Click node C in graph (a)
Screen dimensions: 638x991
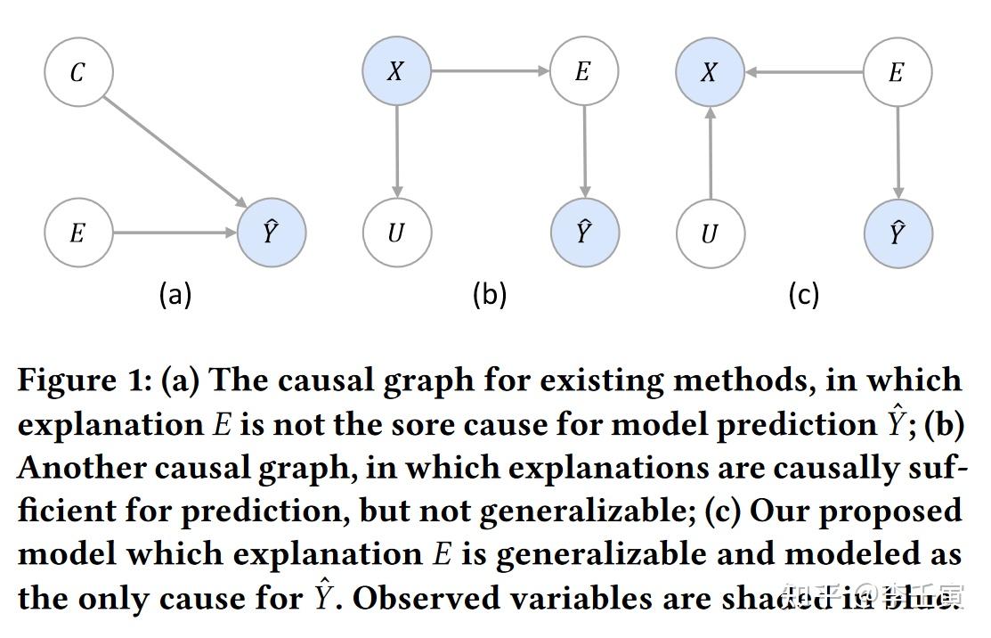pos(78,72)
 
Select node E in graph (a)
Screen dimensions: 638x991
pos(78,233)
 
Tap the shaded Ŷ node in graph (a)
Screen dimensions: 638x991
pos(272,233)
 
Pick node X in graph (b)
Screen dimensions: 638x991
pos(396,71)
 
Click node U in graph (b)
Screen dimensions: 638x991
pos(396,233)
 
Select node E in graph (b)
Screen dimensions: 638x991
pos(583,71)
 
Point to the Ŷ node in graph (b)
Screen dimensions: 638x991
pos(584,233)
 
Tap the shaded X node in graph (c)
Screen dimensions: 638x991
pos(710,72)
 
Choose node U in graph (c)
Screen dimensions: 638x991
pos(710,233)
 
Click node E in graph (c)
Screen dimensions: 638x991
pos(898,72)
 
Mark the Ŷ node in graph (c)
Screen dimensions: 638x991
pos(898,233)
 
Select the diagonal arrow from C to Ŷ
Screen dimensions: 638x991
pos(175,152)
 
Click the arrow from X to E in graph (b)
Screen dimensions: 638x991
pos(490,71)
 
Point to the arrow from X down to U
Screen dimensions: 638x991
pos(397,152)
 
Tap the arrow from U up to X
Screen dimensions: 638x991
pos(710,152)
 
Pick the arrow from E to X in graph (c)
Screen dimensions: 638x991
pos(804,72)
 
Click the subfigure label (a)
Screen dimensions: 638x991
pos(175,294)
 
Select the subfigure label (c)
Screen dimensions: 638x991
pos(803,294)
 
